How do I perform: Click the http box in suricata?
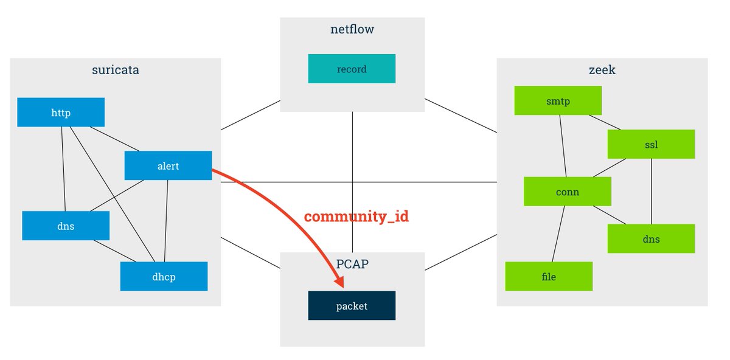[61, 112]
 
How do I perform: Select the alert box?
[168, 165]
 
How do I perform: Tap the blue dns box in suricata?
[66, 226]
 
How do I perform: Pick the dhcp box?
[164, 277]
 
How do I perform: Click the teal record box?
[352, 69]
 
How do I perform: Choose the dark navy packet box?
[352, 306]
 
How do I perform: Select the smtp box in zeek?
[558, 101]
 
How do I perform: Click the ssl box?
[651, 145]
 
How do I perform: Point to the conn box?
[567, 192]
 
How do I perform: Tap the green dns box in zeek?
[651, 239]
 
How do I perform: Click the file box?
[549, 277]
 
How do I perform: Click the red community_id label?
[356, 217]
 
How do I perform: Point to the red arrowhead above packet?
[339, 282]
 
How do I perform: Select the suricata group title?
[115, 69]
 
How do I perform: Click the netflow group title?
[352, 29]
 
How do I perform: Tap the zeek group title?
[602, 69]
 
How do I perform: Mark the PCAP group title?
[352, 264]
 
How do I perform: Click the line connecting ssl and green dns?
[652, 192]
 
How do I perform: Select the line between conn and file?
[558, 234]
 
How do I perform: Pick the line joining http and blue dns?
[63, 169]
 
